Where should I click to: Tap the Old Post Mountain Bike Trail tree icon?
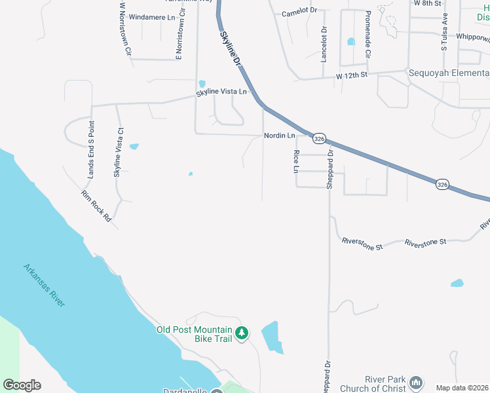(x=242, y=333)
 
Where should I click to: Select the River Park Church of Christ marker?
(x=415, y=383)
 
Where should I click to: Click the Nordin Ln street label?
(x=279, y=136)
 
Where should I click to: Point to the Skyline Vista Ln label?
(x=221, y=93)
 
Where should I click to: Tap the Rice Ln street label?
(x=296, y=161)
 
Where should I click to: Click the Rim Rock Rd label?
(x=96, y=206)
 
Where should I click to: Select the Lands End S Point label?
(x=91, y=149)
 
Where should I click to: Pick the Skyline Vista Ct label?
(x=119, y=153)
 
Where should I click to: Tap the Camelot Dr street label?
(x=299, y=12)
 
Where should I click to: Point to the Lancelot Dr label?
(x=324, y=45)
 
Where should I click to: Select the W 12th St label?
(x=352, y=77)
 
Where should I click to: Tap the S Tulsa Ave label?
(x=443, y=31)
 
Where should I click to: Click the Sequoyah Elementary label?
(x=449, y=73)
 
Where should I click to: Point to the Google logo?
(x=22, y=385)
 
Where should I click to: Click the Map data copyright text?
(x=462, y=388)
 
